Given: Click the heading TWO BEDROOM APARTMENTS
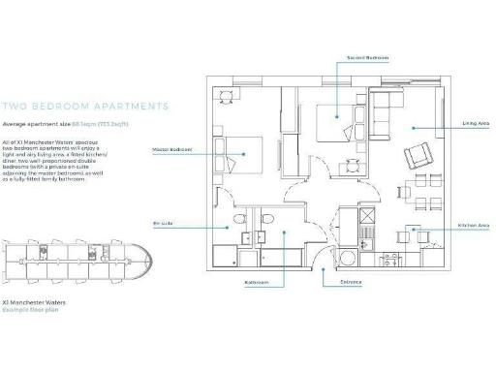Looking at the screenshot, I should [x=85, y=107].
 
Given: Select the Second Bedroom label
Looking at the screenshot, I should [x=367, y=58].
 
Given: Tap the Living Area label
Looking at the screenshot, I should [x=475, y=124].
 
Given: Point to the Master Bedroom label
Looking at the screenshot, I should [x=171, y=150].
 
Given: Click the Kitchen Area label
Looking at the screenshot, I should [x=473, y=225].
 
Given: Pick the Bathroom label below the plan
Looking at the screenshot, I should [x=257, y=284].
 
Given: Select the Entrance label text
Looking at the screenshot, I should [x=350, y=282].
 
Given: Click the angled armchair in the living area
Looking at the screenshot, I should [x=418, y=155].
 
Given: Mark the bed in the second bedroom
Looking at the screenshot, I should [x=332, y=121].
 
